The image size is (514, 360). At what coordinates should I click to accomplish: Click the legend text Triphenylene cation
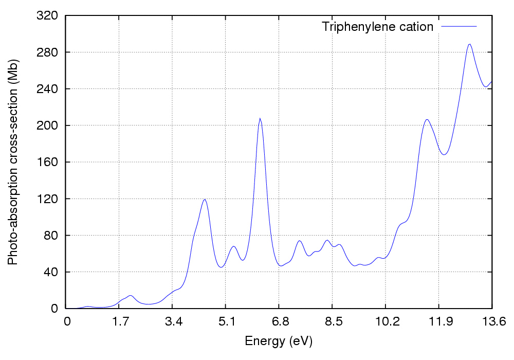pos(377,27)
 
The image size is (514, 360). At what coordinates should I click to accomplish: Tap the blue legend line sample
pos(459,26)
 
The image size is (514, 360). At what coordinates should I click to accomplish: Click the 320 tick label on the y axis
pos(47,15)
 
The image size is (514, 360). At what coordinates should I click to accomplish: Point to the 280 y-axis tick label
pos(47,52)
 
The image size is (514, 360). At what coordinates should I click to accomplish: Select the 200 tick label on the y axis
pos(47,125)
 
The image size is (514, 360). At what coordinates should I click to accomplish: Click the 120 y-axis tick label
pos(47,199)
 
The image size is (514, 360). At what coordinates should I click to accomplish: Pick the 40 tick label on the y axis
pos(50,272)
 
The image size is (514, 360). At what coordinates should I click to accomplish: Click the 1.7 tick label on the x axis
pos(120,321)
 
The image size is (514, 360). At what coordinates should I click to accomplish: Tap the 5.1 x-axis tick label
pos(227,321)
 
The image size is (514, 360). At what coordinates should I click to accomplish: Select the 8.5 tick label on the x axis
pos(334,321)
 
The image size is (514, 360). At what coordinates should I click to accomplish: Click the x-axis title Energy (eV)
pos(279,341)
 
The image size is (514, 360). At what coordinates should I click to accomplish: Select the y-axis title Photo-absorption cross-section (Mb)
pos(13,162)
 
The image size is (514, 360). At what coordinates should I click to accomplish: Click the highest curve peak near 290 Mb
pos(470,44)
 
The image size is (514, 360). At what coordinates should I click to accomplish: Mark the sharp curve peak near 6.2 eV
pos(260,118)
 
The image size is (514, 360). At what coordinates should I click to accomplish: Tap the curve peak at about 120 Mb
pos(205,199)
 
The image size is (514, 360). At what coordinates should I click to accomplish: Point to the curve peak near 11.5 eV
pos(427,119)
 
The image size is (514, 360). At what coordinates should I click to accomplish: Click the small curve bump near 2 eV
pos(131,295)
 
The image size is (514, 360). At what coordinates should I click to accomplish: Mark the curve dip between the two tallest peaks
pos(444,154)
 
